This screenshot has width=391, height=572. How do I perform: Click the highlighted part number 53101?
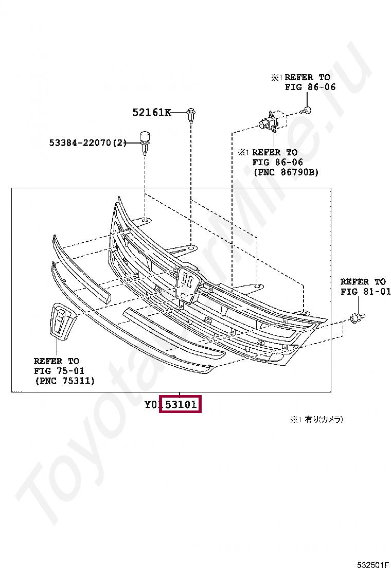coord(180,405)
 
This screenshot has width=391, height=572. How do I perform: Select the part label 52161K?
coord(151,112)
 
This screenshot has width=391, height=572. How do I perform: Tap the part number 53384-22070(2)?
coord(88,142)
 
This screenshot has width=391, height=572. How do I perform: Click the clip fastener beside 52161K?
coord(191,115)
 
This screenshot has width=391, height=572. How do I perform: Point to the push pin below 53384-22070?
coord(145,142)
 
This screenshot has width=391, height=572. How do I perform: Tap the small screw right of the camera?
coord(307,110)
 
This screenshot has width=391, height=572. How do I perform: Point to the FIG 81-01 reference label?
coord(365,292)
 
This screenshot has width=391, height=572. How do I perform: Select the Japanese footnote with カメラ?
coord(316,420)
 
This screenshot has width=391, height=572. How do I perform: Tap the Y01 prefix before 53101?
coord(152,405)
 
